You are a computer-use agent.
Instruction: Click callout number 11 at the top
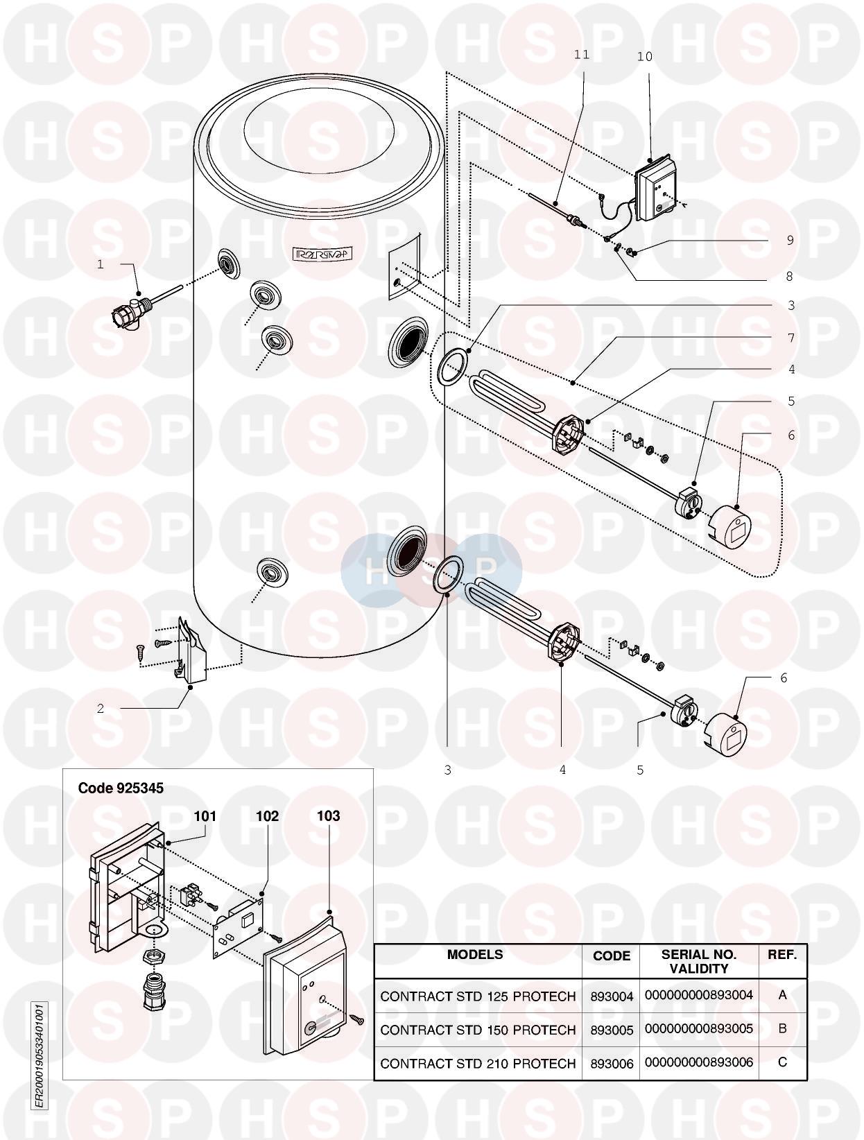coord(582,55)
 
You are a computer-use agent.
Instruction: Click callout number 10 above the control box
coord(644,57)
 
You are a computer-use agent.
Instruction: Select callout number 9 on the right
coord(790,240)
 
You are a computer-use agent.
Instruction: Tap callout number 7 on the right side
coord(790,338)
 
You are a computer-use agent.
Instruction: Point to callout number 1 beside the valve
coord(101,264)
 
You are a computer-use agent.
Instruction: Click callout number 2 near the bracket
coord(101,709)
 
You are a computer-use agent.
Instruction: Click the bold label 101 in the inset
coord(205,816)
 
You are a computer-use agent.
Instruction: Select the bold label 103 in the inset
coord(329,816)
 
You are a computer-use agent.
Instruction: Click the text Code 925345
coord(121,788)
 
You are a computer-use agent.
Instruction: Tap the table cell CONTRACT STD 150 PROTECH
coord(478,1030)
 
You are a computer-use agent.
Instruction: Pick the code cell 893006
coord(612,1064)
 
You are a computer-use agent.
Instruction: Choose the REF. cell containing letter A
coord(782,994)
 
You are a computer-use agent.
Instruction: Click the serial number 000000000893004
coord(699,995)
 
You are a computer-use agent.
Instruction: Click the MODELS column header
coord(475,954)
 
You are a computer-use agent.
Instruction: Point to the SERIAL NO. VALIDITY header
coord(699,961)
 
